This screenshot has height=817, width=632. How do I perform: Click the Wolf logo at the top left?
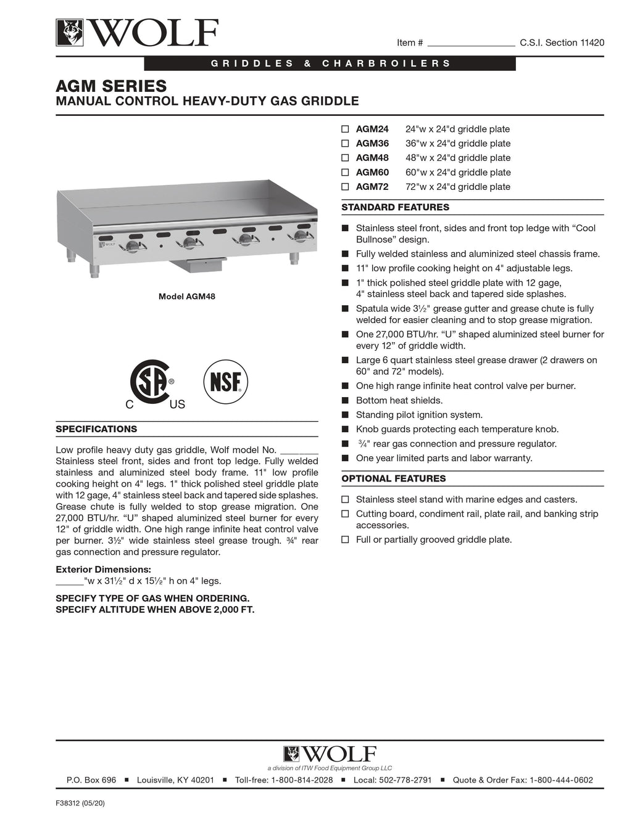[x=137, y=33]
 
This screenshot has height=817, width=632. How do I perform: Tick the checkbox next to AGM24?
[x=345, y=129]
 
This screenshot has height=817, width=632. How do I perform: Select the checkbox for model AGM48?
[x=345, y=158]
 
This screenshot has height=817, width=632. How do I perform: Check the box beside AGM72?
[x=345, y=187]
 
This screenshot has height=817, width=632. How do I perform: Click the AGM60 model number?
[x=372, y=173]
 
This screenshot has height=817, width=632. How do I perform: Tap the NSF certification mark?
[x=226, y=382]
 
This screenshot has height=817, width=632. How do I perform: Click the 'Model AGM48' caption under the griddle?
[x=187, y=297]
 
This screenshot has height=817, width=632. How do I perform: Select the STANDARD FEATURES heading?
[x=395, y=208]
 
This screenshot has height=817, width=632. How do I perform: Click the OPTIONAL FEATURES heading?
[x=393, y=478]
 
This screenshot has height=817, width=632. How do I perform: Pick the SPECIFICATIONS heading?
[x=96, y=429]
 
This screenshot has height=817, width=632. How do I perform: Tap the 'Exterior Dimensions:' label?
[x=103, y=570]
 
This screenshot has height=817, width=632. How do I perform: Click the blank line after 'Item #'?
[x=471, y=43]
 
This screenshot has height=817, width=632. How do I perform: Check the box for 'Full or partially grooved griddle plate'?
[x=345, y=540]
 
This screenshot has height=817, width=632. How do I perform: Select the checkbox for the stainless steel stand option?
[x=345, y=500]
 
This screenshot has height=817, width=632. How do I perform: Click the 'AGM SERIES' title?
[x=111, y=86]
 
